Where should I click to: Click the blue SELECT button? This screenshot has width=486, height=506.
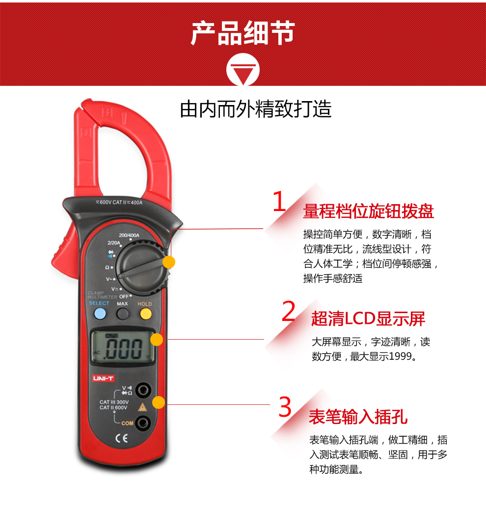tap(100, 314)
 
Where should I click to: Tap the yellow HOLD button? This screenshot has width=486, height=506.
tap(145, 314)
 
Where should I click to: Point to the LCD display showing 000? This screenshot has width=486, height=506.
tap(123, 347)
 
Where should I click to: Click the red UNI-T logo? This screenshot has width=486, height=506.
tap(103, 378)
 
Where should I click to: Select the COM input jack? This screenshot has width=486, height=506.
tap(143, 423)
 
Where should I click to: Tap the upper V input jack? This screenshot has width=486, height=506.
tap(143, 390)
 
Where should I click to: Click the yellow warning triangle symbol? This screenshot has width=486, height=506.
tap(142, 407)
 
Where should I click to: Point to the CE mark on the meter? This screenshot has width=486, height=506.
tap(122, 438)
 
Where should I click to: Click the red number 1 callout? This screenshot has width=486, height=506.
tap(279, 201)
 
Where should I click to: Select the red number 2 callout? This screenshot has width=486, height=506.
tap(288, 311)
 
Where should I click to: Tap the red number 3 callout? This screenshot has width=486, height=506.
tap(285, 406)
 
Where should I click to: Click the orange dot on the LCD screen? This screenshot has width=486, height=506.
tap(157, 340)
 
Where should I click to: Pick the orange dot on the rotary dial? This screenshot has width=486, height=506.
tap(169, 262)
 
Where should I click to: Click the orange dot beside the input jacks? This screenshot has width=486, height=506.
tap(159, 402)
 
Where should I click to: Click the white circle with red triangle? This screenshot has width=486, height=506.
tap(243, 69)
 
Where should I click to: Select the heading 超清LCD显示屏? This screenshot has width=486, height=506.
tap(368, 319)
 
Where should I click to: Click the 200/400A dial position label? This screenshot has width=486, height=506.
tap(129, 235)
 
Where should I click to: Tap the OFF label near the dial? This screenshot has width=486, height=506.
tap(124, 296)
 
